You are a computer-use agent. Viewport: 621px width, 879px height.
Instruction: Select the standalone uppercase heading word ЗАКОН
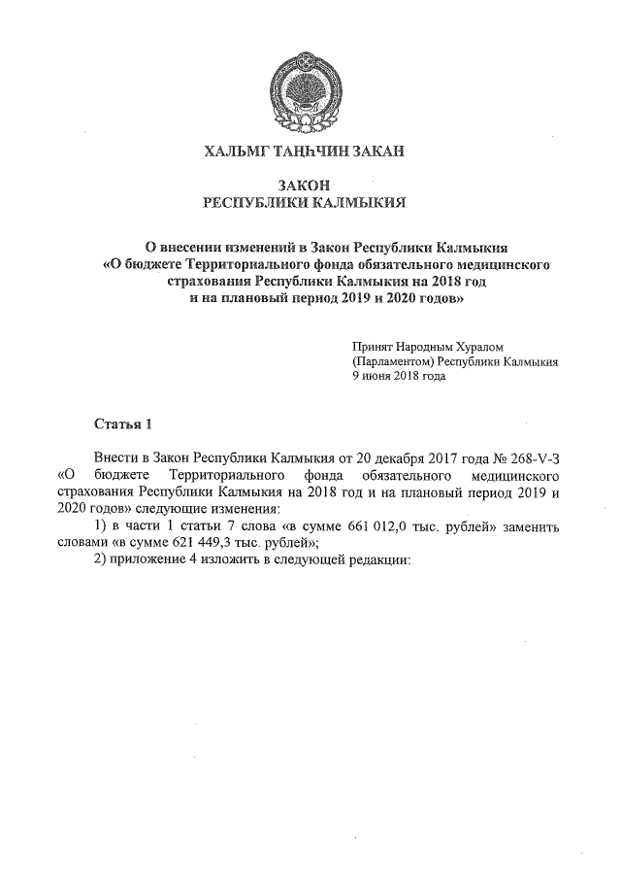[304, 185]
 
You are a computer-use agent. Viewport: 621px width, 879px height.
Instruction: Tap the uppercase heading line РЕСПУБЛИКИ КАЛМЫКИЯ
[304, 202]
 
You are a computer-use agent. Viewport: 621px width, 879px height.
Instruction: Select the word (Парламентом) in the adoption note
[394, 360]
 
